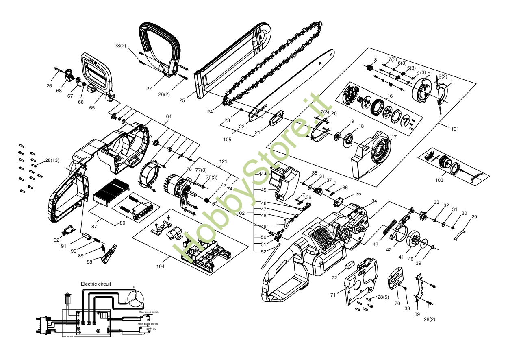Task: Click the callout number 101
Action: [455, 129]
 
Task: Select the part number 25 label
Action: [182, 100]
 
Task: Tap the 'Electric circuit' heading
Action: [96, 284]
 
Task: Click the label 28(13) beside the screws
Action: [52, 160]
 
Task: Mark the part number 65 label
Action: [92, 108]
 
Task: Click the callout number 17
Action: [394, 137]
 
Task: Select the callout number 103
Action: [439, 179]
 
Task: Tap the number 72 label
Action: [334, 278]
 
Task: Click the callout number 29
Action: [474, 217]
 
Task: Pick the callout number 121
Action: [223, 161]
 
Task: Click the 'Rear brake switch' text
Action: [149, 312]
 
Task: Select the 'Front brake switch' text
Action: [148, 324]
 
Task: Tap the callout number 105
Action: [227, 139]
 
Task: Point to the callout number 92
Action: [56, 240]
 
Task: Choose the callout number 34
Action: [374, 201]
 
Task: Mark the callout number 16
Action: [390, 96]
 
